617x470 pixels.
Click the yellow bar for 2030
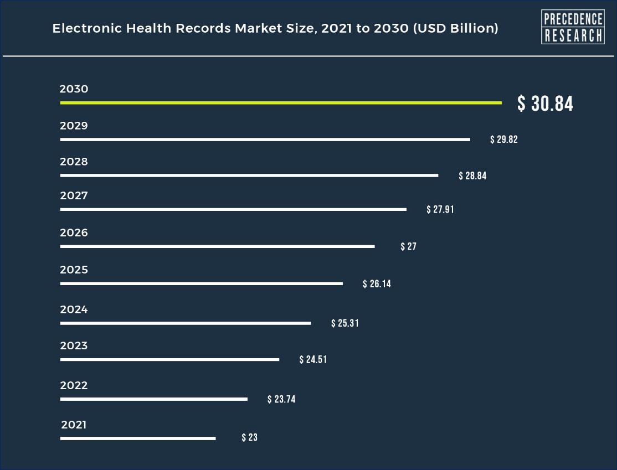(281, 103)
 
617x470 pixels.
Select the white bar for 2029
(265, 140)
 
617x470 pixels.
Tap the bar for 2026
(217, 246)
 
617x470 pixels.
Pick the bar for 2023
(169, 360)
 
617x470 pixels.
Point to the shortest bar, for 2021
(138, 438)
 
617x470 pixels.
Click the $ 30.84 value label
(545, 104)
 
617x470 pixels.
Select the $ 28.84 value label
(472, 176)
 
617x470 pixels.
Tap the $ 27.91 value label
(440, 210)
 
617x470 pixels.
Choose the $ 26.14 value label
(377, 284)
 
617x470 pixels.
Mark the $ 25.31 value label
(345, 323)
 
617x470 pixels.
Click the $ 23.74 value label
(281, 399)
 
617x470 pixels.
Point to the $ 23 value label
(250, 437)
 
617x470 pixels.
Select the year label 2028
(74, 162)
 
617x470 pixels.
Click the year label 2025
(74, 270)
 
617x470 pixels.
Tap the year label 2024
(74, 310)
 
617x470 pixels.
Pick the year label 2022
(74, 386)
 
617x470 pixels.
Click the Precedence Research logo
(572, 27)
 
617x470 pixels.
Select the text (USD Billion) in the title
(456, 28)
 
